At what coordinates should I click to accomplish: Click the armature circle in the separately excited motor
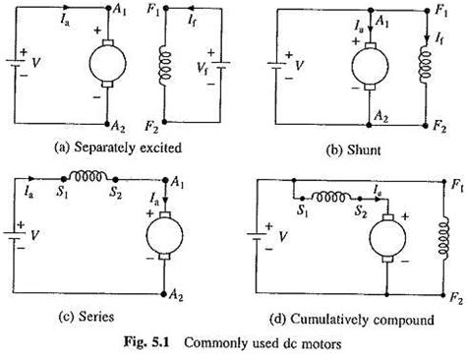[x=107, y=63]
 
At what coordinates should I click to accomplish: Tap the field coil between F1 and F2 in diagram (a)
[x=165, y=64]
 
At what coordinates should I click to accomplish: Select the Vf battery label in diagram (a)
[x=203, y=69]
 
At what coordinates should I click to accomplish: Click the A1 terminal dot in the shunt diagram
[x=371, y=11]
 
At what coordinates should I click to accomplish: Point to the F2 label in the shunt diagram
[x=439, y=126]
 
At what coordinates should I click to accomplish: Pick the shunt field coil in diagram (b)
[x=425, y=64]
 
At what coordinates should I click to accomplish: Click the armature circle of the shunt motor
[x=370, y=66]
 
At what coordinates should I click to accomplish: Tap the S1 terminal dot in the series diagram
[x=64, y=179]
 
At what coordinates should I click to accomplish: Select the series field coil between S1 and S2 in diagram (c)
[x=89, y=176]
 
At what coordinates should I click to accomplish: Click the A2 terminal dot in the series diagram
[x=164, y=294]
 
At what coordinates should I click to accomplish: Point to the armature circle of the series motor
[x=164, y=235]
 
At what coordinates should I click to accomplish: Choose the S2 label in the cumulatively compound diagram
[x=362, y=212]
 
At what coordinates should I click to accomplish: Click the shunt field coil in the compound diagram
[x=443, y=238]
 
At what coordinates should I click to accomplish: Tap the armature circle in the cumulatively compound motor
[x=387, y=238]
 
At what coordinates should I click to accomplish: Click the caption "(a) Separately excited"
[x=118, y=148]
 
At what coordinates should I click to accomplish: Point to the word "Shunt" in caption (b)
[x=364, y=150]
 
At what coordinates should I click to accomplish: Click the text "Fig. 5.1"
[x=146, y=343]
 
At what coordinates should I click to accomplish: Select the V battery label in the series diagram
[x=34, y=235]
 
